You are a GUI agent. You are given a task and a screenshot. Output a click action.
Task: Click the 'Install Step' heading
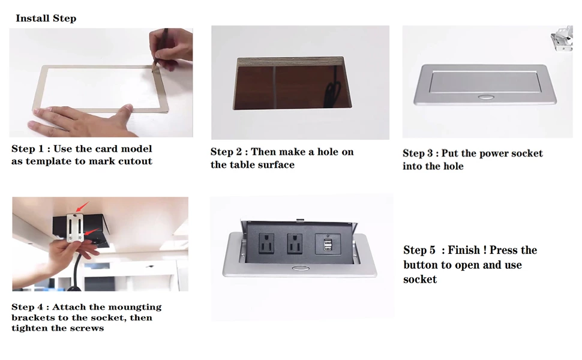(x=46, y=18)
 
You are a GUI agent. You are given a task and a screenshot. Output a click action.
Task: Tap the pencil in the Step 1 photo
(x=160, y=48)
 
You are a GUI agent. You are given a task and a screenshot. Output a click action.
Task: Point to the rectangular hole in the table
(x=292, y=83)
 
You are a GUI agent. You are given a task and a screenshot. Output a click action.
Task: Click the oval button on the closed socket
(x=484, y=97)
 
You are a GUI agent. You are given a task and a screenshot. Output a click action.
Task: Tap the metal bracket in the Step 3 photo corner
(x=561, y=38)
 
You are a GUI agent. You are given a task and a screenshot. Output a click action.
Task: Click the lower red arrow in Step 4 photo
(x=92, y=231)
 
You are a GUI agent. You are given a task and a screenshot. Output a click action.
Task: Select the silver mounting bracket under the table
(x=75, y=227)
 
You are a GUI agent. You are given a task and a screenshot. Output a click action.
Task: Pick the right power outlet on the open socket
(x=295, y=244)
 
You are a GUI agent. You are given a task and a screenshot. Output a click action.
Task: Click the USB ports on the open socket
(x=328, y=245)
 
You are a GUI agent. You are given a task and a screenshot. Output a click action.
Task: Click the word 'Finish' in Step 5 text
(x=464, y=250)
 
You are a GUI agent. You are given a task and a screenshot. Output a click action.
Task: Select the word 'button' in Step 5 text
(x=421, y=265)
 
